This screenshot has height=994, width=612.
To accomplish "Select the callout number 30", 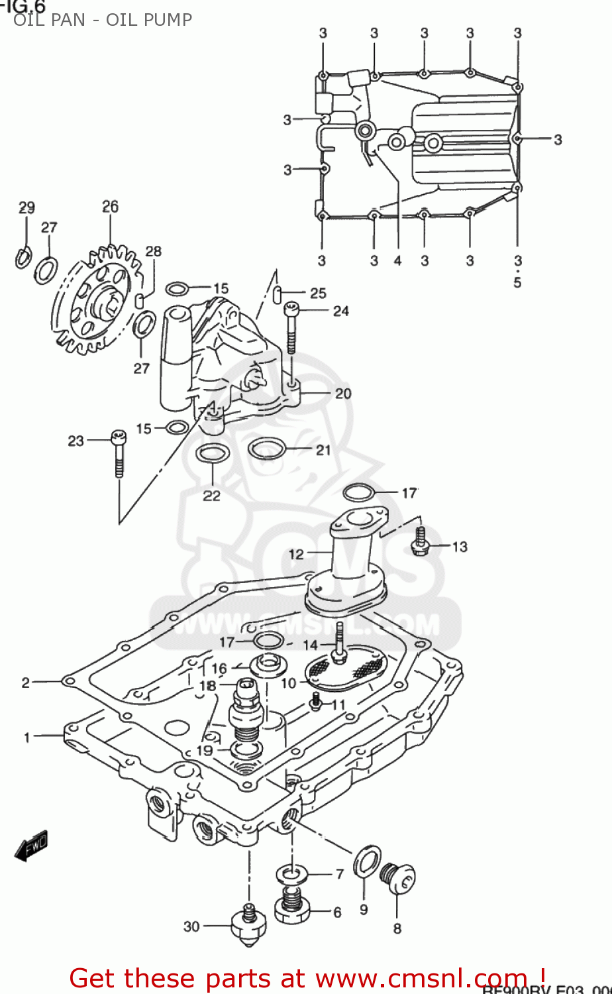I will pos(191,926).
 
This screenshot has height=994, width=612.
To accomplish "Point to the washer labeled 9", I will pos(368,861).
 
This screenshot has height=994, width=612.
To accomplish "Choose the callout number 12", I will pos(296,554).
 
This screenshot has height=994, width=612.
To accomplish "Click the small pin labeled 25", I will pos(280,292).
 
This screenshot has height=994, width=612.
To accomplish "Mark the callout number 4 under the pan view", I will pos(397,260).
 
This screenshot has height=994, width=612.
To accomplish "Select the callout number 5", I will pos(517,283).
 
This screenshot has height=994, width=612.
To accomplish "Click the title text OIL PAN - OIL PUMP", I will pos(103,20).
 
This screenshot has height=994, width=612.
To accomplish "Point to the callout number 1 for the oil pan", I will pos(27,737).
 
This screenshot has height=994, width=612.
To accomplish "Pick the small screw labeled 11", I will pos(317,700).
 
